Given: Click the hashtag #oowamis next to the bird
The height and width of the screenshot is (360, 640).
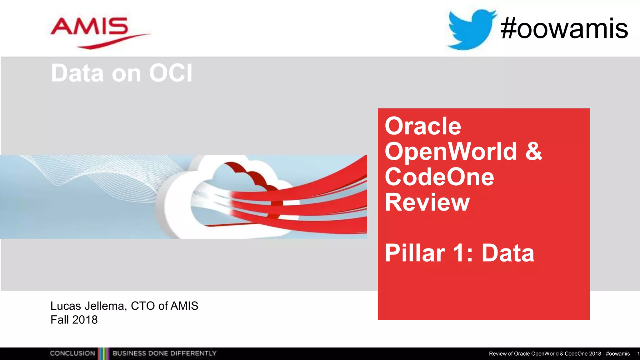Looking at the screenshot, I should coord(564,29).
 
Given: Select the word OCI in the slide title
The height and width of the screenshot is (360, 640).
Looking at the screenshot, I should coord(171,73).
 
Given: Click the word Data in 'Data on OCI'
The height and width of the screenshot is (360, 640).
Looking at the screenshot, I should coord(77,73).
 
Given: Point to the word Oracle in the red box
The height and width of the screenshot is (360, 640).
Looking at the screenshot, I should coord(423,126).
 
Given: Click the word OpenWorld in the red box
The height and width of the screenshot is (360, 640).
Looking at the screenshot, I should coord(451,152).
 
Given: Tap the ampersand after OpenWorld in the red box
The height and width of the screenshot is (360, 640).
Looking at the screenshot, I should coord(533,152).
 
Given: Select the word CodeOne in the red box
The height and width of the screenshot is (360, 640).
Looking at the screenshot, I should coord(439,177).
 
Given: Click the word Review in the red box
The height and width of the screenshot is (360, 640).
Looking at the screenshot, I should coord(427,202).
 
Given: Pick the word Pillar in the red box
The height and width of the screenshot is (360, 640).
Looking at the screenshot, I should coord(415,253).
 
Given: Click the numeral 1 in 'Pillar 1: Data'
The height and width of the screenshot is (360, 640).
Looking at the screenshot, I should coord(459,253).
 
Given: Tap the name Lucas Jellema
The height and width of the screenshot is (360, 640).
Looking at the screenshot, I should coord(87,306).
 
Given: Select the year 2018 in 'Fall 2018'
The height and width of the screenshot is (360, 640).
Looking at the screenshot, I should coord(85,320).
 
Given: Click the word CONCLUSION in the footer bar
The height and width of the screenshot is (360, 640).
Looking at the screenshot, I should coord(72,353).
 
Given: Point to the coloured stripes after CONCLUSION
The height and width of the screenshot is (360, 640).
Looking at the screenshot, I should coord(104,353).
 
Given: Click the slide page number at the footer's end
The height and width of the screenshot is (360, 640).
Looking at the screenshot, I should coord(638,354).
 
